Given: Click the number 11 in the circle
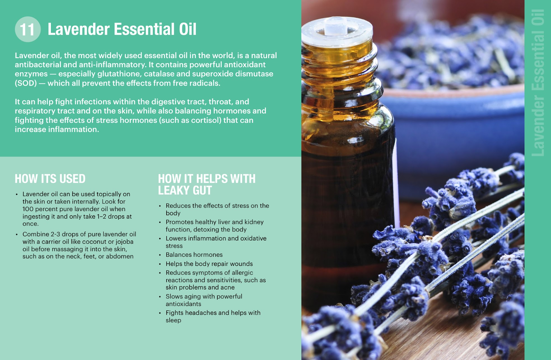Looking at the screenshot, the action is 27,29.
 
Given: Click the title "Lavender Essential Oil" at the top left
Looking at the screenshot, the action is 122,29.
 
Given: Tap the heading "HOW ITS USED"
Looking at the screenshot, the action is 50,179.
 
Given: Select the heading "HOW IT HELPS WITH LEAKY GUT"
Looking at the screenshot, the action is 207,184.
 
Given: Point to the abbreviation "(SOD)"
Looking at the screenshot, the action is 26,83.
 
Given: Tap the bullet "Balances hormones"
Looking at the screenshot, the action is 194,255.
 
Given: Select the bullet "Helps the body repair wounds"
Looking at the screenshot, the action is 209,264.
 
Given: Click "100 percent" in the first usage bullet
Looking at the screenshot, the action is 40,209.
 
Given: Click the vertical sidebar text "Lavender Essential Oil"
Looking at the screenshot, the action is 538,83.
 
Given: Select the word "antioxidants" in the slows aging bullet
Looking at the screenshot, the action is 183,304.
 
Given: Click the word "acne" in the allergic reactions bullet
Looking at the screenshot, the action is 227,287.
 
